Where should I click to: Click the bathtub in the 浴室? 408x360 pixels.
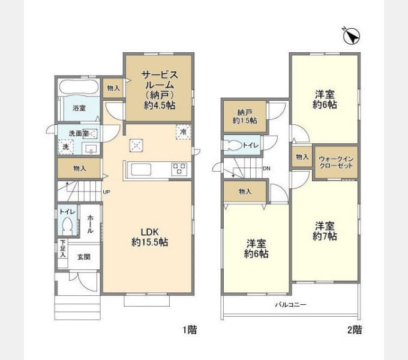tap(79, 89)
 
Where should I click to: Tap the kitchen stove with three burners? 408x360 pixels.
tap(180, 169)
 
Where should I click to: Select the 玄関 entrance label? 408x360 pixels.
tap(83, 257)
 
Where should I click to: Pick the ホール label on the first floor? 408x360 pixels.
tap(90, 225)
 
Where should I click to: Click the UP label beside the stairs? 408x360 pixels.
tap(106, 192)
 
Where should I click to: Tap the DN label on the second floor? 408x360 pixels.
tap(266, 169)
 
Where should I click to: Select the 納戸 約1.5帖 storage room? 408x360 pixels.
tap(245, 116)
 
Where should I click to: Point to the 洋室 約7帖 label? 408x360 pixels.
tap(324, 231)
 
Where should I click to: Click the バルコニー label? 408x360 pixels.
tap(290, 305)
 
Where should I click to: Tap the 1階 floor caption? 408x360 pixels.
tap(190, 329)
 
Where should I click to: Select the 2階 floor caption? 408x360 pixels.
tap(354, 329)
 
